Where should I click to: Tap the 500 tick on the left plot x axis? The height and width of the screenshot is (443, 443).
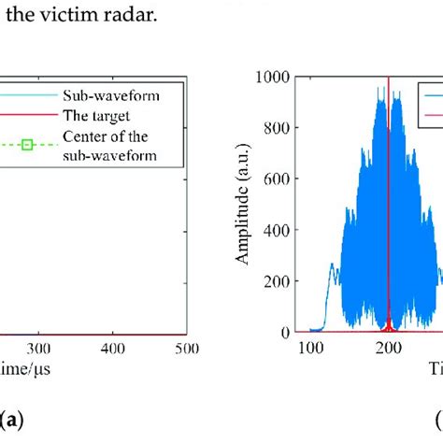coord(187,348)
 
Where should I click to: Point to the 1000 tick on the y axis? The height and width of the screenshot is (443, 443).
coord(276,78)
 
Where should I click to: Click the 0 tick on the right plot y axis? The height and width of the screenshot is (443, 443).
coord(287,332)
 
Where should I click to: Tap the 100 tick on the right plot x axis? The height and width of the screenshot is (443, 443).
coord(309,348)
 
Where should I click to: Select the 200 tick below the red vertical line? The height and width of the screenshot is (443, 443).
coord(388,348)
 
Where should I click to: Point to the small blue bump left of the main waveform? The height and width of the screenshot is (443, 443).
coord(332,280)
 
